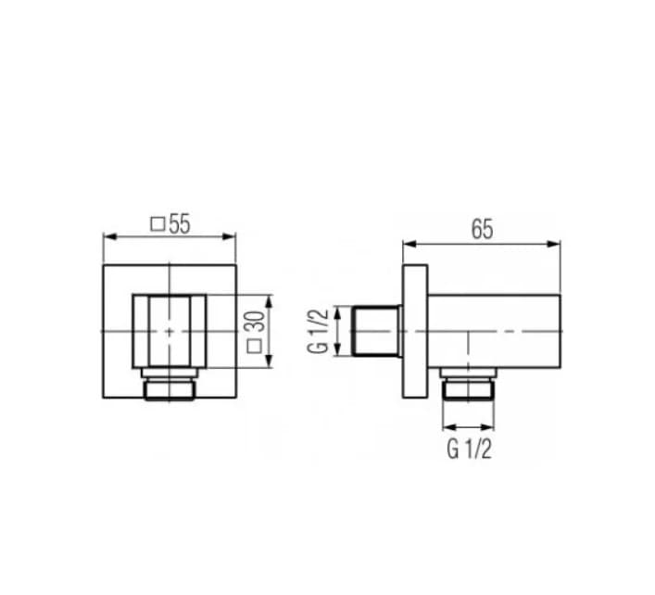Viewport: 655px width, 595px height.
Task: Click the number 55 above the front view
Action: click(179, 224)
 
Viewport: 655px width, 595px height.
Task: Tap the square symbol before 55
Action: click(157, 224)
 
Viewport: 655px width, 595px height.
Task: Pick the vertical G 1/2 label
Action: click(319, 331)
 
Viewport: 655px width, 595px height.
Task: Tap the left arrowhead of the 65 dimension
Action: click(407, 245)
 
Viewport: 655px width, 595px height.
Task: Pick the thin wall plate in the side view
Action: click(414, 331)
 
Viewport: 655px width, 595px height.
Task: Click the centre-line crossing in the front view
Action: click(170, 331)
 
